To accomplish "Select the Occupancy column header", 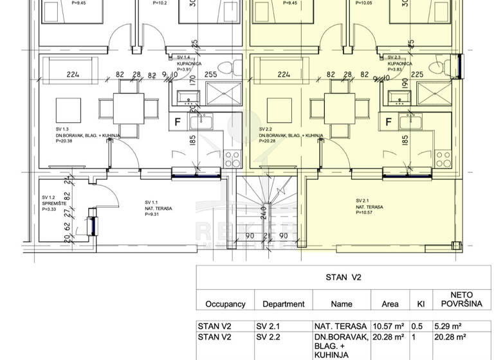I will [225, 304].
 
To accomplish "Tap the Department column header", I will [284, 304].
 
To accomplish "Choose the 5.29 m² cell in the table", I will [449, 325].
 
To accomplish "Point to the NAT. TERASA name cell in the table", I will [340, 325].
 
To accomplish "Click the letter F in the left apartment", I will [178, 120].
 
